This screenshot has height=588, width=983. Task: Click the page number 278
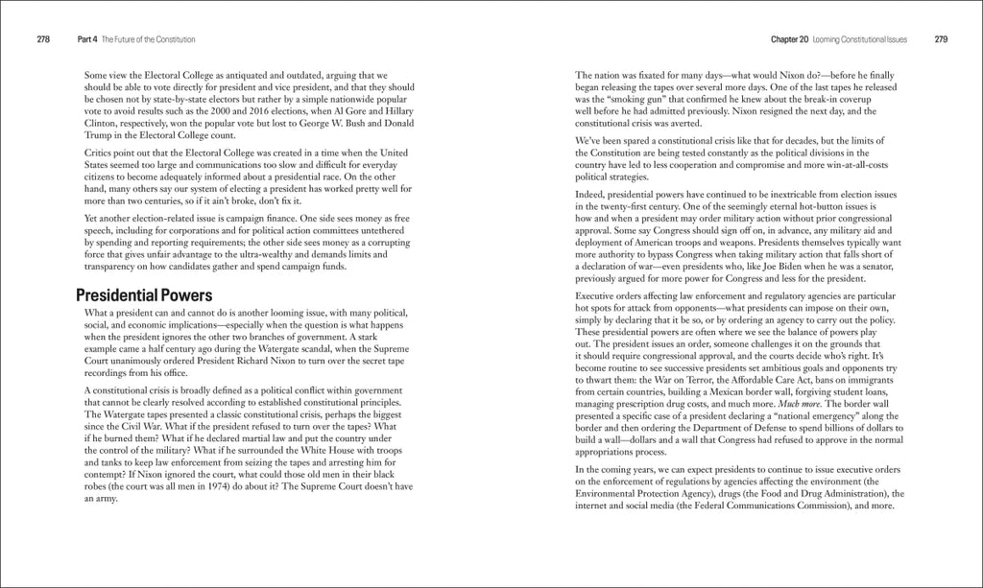click(43, 39)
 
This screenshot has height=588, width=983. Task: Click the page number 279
click(941, 39)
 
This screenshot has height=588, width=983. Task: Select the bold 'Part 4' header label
click(87, 39)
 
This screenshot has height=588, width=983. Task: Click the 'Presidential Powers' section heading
click(144, 294)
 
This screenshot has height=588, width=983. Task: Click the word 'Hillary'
click(396, 111)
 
